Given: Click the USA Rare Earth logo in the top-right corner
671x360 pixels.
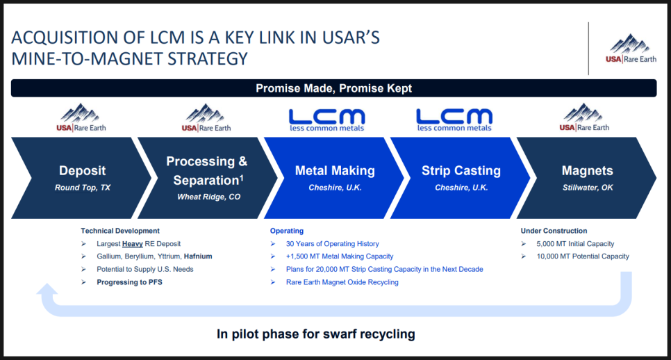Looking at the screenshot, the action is click(x=631, y=49).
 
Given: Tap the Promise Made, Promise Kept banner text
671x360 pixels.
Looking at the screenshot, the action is click(x=334, y=88).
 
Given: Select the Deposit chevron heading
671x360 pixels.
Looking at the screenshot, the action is click(x=82, y=170).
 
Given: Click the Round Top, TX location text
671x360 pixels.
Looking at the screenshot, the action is click(x=82, y=188).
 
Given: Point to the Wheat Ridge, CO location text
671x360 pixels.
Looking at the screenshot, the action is click(x=209, y=197).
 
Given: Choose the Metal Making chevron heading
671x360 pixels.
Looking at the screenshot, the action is click(x=335, y=170).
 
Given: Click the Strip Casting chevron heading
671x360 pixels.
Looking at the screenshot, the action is click(x=461, y=170).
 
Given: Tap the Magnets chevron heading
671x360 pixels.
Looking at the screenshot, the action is click(x=587, y=170).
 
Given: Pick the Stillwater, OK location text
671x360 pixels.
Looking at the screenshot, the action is click(x=588, y=188).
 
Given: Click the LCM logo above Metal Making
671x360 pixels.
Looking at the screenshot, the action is click(x=327, y=120).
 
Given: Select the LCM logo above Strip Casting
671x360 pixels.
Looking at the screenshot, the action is click(x=454, y=120).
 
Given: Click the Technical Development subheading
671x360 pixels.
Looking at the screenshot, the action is click(x=120, y=231).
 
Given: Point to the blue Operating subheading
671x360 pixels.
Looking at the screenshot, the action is click(x=287, y=231).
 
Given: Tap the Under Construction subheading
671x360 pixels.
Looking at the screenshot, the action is click(x=554, y=231).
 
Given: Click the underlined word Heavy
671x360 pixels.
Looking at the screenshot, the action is click(x=132, y=244).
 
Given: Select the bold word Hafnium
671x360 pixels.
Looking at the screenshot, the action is click(x=198, y=256).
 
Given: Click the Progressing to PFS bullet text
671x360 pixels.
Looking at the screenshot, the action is click(x=129, y=282).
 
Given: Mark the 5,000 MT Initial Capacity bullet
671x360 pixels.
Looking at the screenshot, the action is click(x=575, y=243).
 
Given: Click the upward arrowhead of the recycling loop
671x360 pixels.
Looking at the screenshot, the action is click(x=47, y=289).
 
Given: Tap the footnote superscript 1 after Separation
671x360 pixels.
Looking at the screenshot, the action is click(x=241, y=177).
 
